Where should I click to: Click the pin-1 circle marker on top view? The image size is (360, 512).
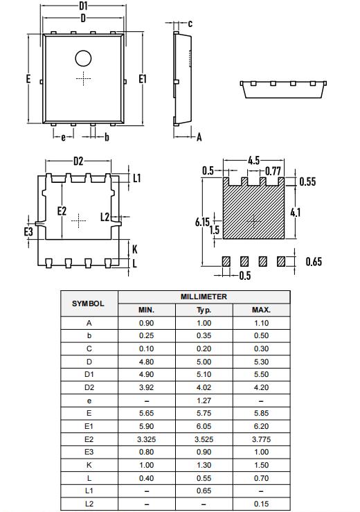click(83, 59)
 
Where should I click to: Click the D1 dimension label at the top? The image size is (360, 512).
click(83, 6)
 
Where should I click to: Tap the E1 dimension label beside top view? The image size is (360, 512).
click(143, 79)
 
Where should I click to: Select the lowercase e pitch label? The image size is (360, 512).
click(63, 137)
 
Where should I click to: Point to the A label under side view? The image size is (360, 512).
click(199, 137)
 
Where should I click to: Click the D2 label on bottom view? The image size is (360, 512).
click(78, 161)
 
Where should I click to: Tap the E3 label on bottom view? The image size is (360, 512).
click(28, 231)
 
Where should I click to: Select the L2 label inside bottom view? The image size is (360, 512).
click(105, 217)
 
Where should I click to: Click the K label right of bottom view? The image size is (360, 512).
click(134, 249)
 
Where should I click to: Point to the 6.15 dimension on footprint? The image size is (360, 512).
click(202, 222)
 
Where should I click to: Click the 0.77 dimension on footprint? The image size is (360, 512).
click(273, 171)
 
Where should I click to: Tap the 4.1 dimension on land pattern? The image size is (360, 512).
click(296, 212)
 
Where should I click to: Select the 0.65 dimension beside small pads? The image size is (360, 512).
click(314, 261)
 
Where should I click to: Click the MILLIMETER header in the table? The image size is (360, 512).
click(204, 297)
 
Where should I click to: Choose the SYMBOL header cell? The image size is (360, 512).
click(88, 303)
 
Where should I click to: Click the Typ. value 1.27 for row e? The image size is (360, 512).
click(204, 400)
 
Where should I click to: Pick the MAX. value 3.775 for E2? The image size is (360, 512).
click(261, 439)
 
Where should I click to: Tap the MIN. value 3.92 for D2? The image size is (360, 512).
click(146, 387)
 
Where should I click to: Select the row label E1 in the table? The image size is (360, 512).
click(88, 426)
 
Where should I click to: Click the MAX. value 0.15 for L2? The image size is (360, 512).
click(261, 503)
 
